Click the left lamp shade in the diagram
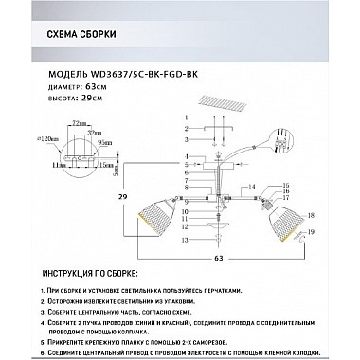(x=157, y=217)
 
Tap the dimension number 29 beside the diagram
(x=122, y=197)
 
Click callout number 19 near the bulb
(x=312, y=232)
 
